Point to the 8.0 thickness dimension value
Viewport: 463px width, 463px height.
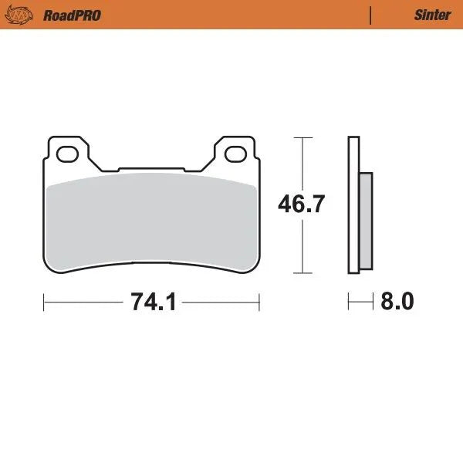397,302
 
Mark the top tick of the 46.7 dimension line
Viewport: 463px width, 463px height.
302,137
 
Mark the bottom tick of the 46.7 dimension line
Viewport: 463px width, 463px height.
302,273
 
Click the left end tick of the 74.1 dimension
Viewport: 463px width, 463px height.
43,302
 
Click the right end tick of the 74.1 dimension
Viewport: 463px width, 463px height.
259,302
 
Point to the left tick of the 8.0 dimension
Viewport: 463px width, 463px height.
349,302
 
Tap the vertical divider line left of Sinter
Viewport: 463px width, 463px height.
371,15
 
